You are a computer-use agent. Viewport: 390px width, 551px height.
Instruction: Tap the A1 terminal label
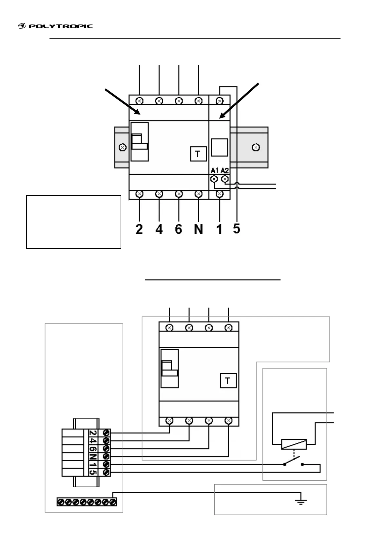point(214,170)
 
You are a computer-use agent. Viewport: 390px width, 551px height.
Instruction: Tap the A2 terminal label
point(225,170)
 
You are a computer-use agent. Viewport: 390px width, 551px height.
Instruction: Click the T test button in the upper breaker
point(198,154)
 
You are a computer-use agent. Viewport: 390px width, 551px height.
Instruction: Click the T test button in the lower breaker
point(228,381)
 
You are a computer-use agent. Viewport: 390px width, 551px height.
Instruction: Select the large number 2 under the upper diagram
point(139,229)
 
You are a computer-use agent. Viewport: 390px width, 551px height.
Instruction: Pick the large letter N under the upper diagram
point(198,229)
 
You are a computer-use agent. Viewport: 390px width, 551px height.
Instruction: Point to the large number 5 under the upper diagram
point(237,229)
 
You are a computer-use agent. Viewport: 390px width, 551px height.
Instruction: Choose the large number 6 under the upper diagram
point(178,229)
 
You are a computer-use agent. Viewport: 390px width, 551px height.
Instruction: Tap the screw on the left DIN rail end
point(122,147)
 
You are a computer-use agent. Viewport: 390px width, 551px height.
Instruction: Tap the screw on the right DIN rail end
point(256,147)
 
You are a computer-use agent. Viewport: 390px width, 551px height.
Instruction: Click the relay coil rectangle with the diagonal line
point(294,444)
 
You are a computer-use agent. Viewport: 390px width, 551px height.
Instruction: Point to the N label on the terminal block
point(93,456)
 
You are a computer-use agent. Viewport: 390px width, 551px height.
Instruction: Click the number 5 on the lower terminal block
point(93,472)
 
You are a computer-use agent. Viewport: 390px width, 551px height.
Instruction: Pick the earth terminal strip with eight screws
point(87,502)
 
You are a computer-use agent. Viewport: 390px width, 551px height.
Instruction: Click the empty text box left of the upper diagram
point(74,222)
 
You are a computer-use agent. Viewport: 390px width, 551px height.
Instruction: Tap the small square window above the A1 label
point(219,147)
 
